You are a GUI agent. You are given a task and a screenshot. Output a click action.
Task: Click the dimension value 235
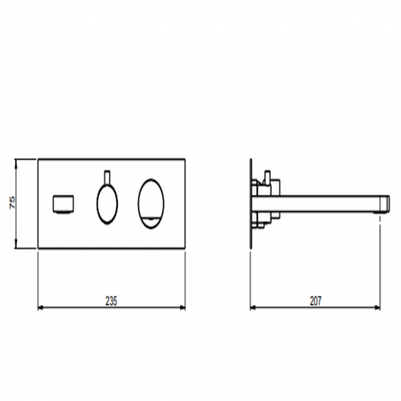(111, 301)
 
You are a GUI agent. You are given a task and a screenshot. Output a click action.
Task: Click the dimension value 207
(317, 301)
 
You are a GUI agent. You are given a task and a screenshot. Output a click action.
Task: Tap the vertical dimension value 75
(12, 203)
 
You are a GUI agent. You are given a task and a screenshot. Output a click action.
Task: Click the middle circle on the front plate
(105, 202)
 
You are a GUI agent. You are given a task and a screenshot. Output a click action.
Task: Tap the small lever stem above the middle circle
(105, 173)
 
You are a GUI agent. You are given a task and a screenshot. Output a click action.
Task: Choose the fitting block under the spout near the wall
(263, 217)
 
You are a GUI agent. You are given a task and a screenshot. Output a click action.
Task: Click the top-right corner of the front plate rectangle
(184, 160)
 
